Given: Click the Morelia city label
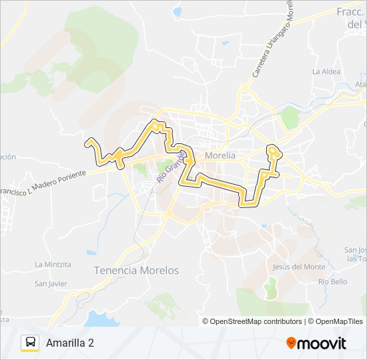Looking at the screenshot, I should click(221, 155).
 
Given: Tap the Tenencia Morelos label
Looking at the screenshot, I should click(137, 271).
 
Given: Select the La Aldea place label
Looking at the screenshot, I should click(326, 71).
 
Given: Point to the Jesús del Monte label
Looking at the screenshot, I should click(299, 267).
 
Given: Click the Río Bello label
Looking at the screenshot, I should click(332, 282).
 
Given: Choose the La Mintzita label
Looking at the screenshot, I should click(53, 264).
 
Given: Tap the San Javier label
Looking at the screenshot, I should click(51, 283).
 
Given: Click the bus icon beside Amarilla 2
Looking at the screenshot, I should click(30, 343).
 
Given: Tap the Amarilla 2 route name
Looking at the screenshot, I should click(70, 343).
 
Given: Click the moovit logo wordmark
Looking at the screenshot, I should click(322, 343).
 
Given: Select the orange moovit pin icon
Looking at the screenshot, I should click(292, 343).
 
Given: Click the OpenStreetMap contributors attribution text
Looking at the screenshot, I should click(253, 321).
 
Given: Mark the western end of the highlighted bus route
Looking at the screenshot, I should click(87, 141).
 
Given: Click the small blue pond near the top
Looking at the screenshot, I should click(177, 11).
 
